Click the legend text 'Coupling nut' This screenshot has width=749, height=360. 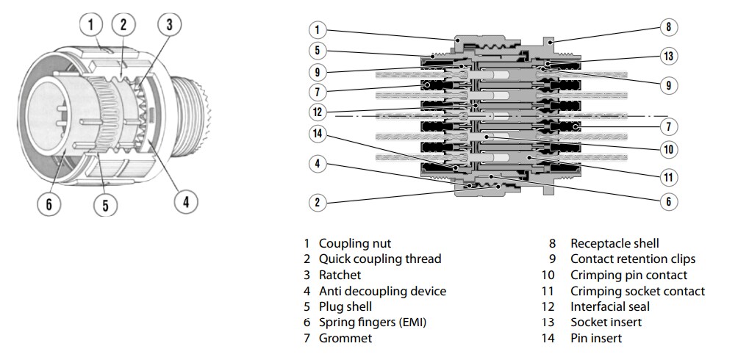coord(354,243)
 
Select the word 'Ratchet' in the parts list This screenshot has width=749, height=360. coord(340,275)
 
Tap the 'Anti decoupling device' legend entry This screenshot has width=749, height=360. coord(382,291)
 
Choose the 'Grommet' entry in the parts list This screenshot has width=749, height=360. coord(345,338)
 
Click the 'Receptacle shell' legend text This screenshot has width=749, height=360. coord(614,243)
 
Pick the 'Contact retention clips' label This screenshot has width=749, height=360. coord(632,259)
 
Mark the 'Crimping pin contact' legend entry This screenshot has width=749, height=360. coord(628,275)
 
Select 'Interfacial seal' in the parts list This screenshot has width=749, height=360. coord(610,306)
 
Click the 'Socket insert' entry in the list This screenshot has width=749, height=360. coord(606,323)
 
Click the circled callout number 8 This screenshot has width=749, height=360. coord(667,28)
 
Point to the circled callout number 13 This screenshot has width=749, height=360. coord(667,57)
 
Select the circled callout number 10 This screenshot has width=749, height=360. coord(667,150)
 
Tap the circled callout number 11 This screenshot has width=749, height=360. coord(667,177)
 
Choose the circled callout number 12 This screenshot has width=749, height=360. coord(317,112)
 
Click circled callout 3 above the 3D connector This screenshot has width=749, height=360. coord(169,24)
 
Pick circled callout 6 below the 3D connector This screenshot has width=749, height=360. coord(49,204)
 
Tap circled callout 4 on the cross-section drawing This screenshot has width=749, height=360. coord(317,164)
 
